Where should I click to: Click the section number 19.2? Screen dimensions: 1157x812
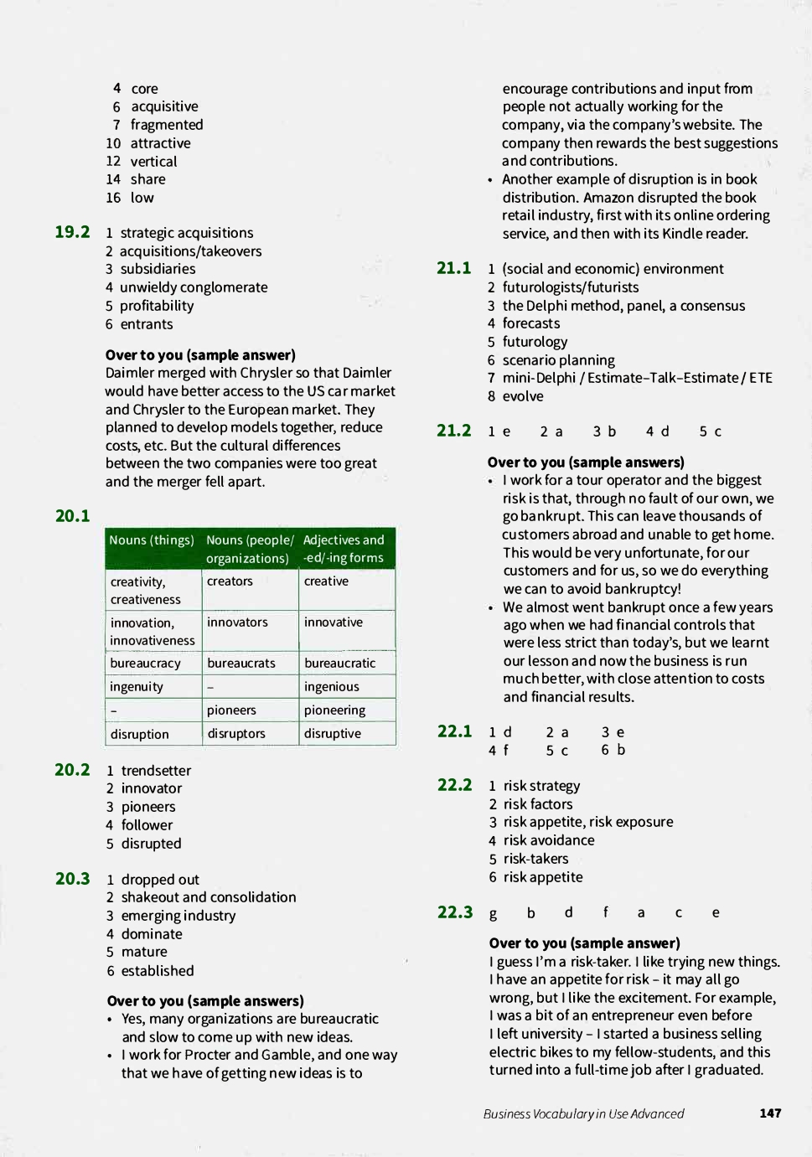point(72,232)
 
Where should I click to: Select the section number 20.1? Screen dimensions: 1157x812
point(72,516)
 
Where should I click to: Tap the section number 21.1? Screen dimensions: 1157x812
point(453,268)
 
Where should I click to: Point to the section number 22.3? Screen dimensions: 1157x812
point(455,912)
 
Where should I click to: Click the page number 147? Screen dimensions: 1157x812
point(770,1113)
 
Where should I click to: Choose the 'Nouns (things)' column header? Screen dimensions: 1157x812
point(152,540)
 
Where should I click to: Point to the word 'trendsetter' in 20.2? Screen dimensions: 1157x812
point(156,771)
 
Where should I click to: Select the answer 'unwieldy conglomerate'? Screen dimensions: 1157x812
point(194,287)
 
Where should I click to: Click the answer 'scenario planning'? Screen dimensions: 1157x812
point(558,360)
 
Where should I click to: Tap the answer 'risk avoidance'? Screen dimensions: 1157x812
point(549,840)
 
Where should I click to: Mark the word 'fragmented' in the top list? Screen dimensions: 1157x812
point(167,125)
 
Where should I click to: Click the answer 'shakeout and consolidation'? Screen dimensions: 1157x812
point(209,897)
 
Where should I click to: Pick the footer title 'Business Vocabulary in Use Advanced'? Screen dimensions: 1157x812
point(583,1113)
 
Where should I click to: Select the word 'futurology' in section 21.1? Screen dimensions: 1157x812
point(535,342)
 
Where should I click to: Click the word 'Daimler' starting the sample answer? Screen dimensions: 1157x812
point(130,373)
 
